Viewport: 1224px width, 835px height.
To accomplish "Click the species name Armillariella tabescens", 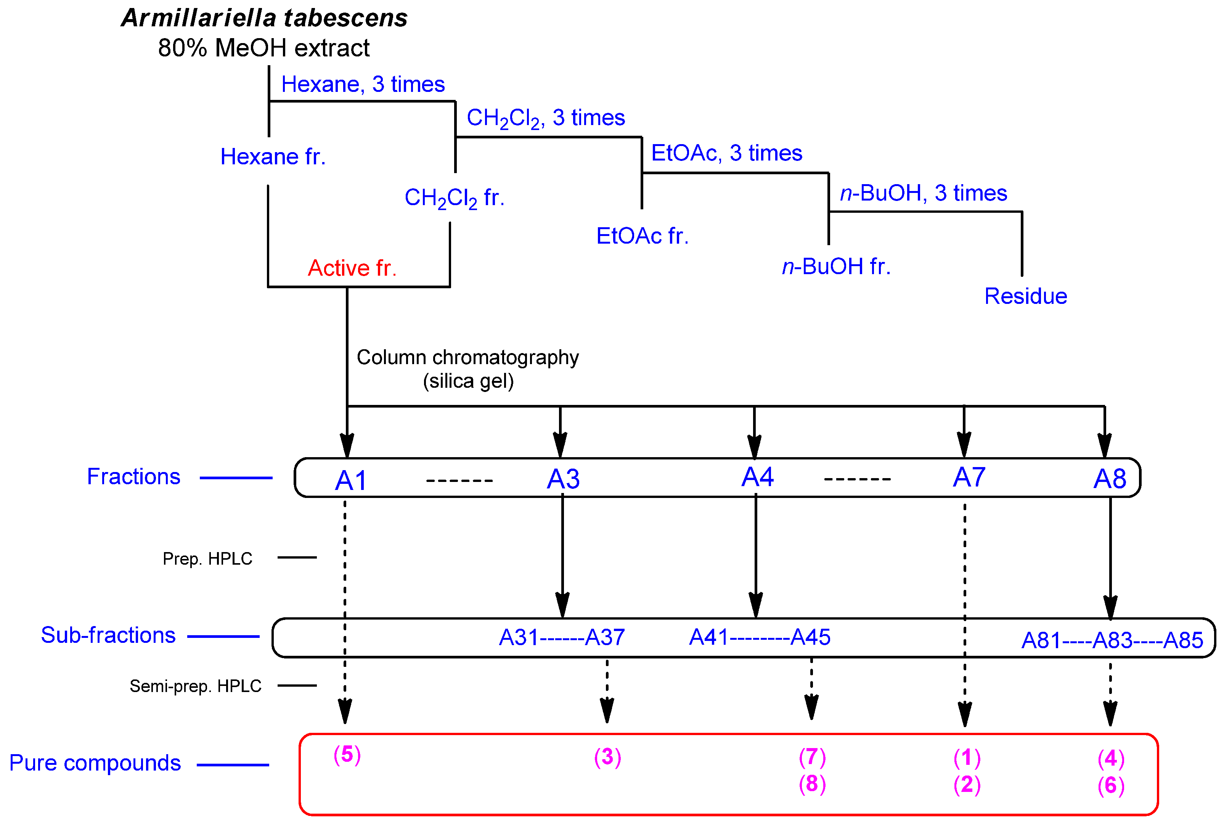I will tap(264, 18).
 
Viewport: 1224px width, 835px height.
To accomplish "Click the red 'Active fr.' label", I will tap(352, 268).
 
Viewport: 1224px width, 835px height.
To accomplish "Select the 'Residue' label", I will tap(1025, 296).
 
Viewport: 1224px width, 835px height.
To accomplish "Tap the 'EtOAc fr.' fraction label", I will tap(642, 236).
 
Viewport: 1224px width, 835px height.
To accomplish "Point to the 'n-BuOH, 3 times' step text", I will tap(923, 193).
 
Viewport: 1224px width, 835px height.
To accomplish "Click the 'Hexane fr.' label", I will tap(273, 157).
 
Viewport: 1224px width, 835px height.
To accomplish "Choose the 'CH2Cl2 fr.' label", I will tap(454, 198).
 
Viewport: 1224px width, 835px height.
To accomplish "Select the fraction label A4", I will tap(757, 477).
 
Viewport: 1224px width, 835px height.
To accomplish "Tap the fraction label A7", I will tap(969, 477).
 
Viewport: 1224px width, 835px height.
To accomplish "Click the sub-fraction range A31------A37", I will tap(561, 637).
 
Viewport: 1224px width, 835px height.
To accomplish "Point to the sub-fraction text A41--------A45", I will tap(760, 637).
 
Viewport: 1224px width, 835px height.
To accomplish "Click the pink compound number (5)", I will tap(347, 755).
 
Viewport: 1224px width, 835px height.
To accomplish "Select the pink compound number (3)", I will tap(607, 757).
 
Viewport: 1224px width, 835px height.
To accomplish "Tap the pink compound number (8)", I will tap(811, 784).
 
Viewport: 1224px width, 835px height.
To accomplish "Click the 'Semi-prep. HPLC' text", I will tap(195, 686).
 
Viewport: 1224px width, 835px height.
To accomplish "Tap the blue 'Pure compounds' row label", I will tap(95, 763).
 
